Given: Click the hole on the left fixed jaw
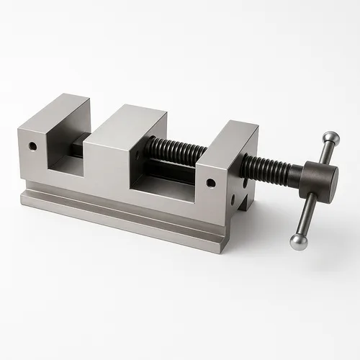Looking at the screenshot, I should tap(32, 146).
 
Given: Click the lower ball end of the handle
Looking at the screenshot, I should tap(298, 241).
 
